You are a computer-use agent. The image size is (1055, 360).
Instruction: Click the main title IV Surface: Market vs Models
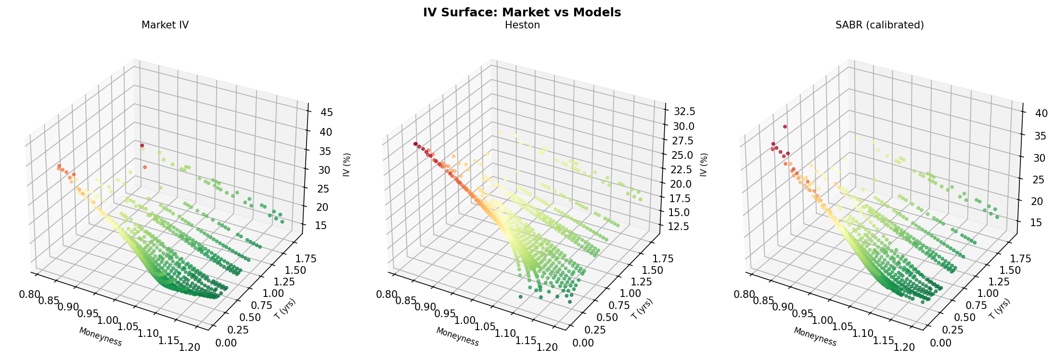pyautogui.click(x=522, y=13)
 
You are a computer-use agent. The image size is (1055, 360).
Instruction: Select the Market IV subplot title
pyautogui.click(x=165, y=25)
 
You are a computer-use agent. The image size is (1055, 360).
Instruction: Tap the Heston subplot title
pyautogui.click(x=522, y=25)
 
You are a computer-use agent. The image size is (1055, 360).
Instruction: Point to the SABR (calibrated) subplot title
pyautogui.click(x=879, y=25)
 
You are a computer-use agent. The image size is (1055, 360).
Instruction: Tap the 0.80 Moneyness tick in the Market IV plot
pyautogui.click(x=29, y=294)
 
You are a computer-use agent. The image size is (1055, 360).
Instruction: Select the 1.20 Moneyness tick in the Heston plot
pyautogui.click(x=548, y=347)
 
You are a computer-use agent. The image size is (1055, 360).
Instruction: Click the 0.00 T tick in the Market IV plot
pyautogui.click(x=227, y=343)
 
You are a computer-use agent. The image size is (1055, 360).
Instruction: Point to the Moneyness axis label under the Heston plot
pyautogui.click(x=457, y=337)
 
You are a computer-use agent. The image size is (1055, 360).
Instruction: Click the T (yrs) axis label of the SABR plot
pyautogui.click(x=1000, y=309)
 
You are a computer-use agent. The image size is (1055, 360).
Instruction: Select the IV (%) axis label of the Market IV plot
pyautogui.click(x=347, y=165)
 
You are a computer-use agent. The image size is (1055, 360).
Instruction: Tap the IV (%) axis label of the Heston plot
pyautogui.click(x=704, y=165)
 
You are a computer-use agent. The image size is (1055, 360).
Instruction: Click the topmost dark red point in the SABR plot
pyautogui.click(x=785, y=127)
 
